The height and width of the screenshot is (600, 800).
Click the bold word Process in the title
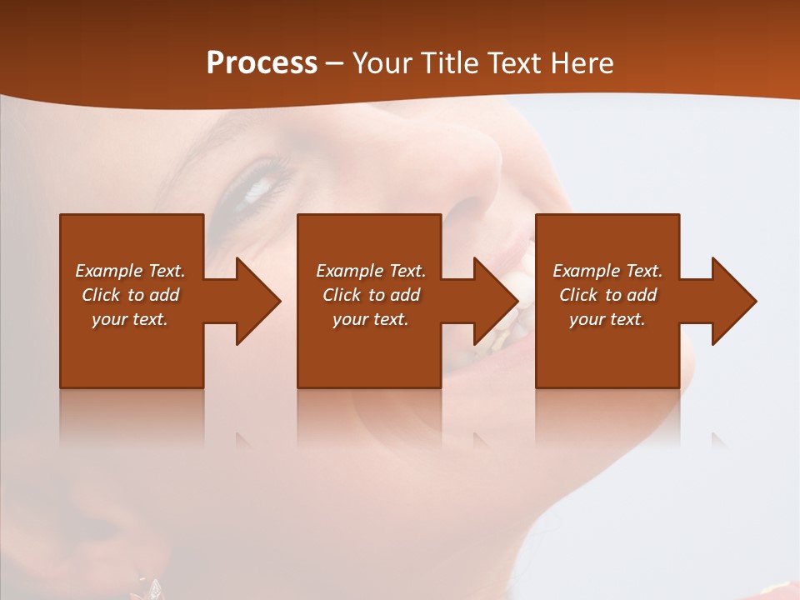262,63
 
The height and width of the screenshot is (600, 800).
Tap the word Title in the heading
450,63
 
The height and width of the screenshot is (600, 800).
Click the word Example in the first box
109,271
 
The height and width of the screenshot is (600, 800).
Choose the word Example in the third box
587,271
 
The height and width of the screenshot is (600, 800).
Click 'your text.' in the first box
130,319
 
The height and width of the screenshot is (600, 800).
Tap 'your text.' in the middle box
371,319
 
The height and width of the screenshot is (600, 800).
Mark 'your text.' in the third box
607,319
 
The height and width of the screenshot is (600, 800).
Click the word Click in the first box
102,295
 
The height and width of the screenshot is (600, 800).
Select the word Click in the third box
579,295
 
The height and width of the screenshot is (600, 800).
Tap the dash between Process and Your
334,64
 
